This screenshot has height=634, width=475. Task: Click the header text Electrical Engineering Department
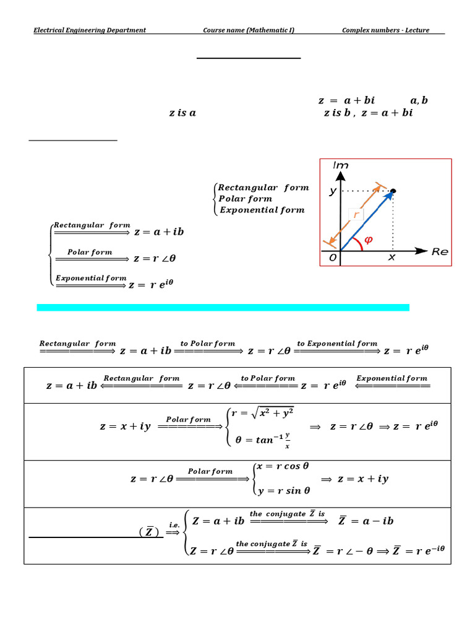[x=90, y=30]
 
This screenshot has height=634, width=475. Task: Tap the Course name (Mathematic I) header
[x=249, y=30]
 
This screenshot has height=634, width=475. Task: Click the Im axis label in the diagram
[x=340, y=165]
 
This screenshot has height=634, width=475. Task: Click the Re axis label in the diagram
[x=440, y=252]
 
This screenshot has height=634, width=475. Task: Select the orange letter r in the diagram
[x=355, y=214]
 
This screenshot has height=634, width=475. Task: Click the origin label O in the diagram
[x=332, y=258]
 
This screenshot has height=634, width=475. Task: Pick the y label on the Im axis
[x=333, y=191]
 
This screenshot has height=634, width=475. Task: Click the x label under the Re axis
[x=391, y=258]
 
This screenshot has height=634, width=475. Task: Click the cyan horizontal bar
[x=223, y=307]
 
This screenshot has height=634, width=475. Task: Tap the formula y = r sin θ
[x=281, y=490]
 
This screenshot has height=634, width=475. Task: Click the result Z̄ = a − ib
[x=366, y=521]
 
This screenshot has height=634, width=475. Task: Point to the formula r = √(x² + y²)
[x=262, y=413]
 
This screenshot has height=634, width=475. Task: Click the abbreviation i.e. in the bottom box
[x=174, y=524]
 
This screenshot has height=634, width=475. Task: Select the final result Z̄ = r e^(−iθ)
[x=419, y=550]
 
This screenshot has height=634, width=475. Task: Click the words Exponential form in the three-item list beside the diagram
[x=262, y=210]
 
